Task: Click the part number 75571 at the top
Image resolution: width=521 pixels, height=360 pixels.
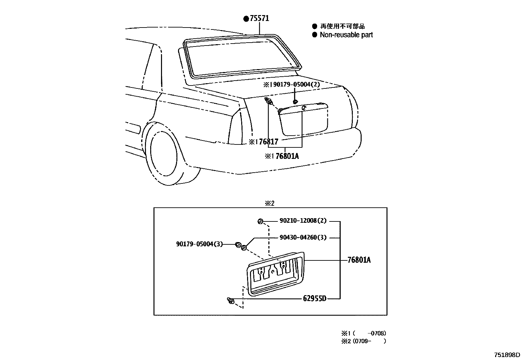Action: coord(259,18)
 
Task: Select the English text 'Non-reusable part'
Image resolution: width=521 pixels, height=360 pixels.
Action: coord(346,35)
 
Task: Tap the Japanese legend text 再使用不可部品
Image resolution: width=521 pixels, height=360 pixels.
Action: coord(342,26)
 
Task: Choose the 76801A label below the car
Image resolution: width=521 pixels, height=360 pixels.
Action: coord(287,156)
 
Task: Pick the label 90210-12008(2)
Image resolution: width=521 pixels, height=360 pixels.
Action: coord(303,221)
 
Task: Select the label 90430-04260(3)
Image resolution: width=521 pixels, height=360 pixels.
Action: coord(303,237)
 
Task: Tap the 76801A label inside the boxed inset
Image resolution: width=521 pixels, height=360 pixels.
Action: coord(359,260)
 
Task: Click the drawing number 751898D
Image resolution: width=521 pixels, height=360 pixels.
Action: coord(507,355)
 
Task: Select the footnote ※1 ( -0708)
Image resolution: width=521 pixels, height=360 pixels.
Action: coord(364,333)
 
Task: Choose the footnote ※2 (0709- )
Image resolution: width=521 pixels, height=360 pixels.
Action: coord(364,341)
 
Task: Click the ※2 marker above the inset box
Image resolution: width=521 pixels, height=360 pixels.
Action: coord(269,203)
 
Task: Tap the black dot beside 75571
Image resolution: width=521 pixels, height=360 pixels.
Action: coord(246,19)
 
